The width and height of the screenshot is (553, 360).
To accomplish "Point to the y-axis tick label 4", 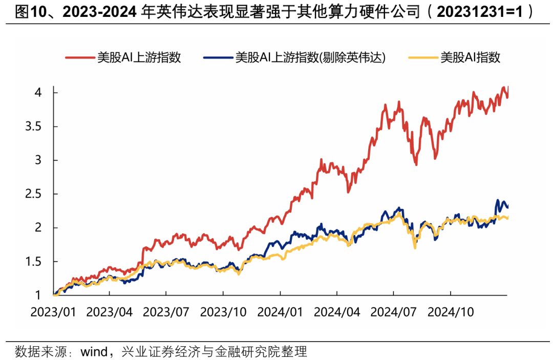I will click(38, 93).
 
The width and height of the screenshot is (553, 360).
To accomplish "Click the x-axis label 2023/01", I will click(53, 312).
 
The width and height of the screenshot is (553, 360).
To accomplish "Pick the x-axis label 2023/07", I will click(166, 312).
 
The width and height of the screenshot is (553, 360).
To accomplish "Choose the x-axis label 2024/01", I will click(280, 312).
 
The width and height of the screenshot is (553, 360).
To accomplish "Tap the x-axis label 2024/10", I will click(450, 312).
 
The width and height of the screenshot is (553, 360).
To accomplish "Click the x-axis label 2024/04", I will click(337, 312).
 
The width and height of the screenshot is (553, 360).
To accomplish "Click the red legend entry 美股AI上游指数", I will click(139, 57).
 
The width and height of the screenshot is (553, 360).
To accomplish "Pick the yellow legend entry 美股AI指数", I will click(470, 57).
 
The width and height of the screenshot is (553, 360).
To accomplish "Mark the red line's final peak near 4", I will click(505, 87).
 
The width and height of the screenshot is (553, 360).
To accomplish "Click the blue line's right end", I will click(507, 207).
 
